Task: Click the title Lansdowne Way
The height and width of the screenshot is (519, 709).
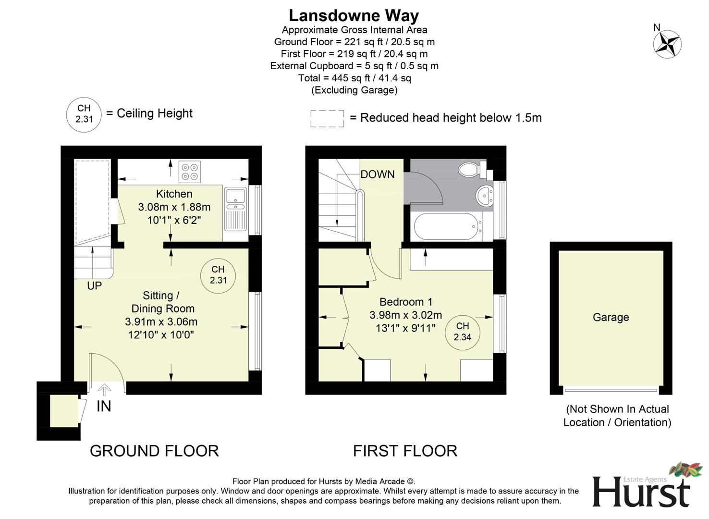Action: [x=354, y=15]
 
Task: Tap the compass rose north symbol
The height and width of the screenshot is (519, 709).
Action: [x=667, y=44]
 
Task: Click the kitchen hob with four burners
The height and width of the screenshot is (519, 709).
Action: [x=190, y=172]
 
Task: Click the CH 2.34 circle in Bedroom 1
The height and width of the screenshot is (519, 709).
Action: [x=462, y=332]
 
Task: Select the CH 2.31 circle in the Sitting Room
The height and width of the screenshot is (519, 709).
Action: [x=218, y=275]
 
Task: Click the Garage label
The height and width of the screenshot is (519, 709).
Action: [x=611, y=317]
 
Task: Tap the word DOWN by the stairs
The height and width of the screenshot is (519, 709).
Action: [x=378, y=174]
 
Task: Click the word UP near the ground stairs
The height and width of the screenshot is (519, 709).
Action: [x=94, y=286]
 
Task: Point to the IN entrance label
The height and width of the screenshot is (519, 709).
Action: [x=104, y=407]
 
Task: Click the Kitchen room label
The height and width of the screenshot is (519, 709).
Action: [x=174, y=194]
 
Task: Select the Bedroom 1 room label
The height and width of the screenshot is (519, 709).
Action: [x=406, y=302]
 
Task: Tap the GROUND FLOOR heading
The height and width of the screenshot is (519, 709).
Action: [x=154, y=451]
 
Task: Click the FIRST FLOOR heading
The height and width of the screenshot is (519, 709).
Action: [x=405, y=451]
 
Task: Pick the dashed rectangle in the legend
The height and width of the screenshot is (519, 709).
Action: [x=327, y=119]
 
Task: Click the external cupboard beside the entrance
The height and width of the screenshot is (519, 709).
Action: [x=63, y=411]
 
